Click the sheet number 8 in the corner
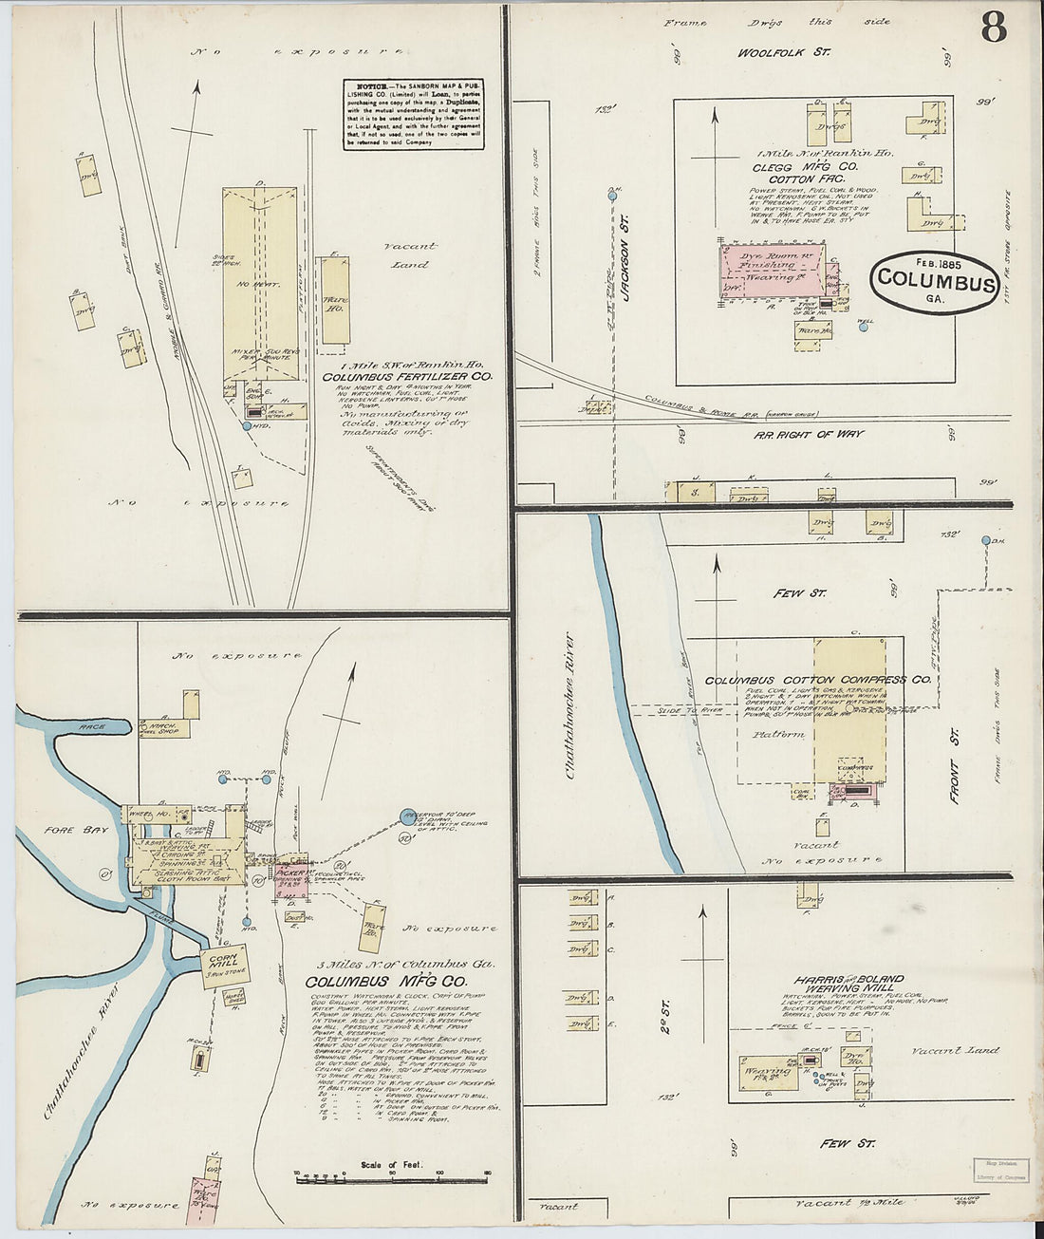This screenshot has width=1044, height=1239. coord(993,28)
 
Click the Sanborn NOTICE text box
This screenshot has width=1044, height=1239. coord(413,114)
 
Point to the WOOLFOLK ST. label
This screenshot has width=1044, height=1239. coord(784,52)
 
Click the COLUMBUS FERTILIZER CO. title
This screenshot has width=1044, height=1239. coord(407,377)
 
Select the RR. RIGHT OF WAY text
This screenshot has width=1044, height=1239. coord(809,434)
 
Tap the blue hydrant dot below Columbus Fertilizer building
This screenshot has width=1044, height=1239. coord(247,426)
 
